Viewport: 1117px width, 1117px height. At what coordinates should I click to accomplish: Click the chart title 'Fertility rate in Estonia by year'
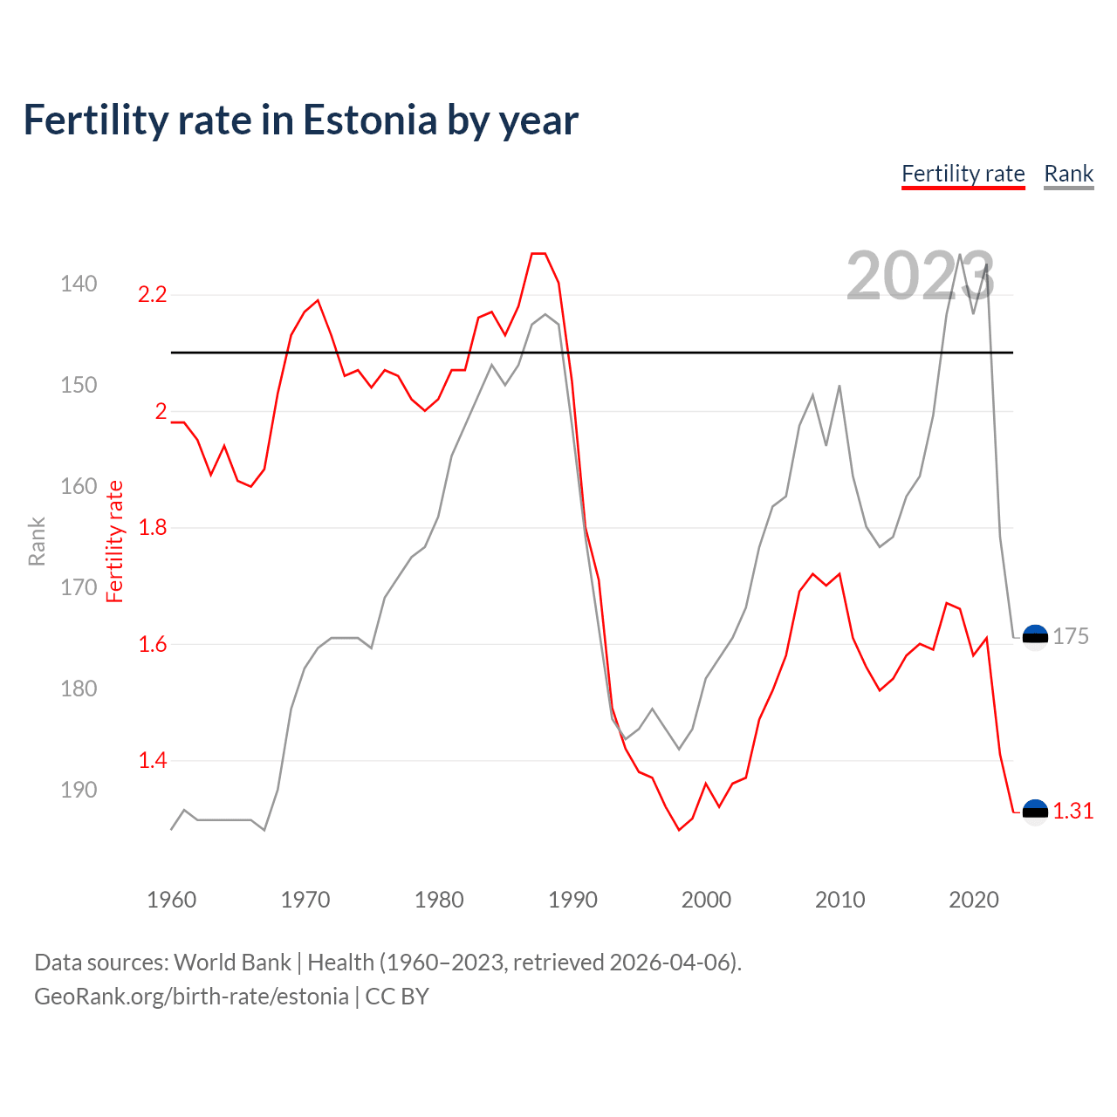pos(300,120)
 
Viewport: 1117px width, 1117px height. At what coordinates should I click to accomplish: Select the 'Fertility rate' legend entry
pos(963,174)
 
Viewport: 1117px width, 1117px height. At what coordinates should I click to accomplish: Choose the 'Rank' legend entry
pos(1068,174)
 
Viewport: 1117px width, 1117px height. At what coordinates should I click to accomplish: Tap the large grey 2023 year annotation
pos(920,276)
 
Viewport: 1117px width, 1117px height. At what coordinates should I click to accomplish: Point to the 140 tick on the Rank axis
pos(79,284)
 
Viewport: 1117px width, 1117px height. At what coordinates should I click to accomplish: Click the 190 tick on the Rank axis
pos(79,790)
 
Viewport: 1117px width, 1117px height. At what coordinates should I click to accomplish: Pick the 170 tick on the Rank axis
pos(79,587)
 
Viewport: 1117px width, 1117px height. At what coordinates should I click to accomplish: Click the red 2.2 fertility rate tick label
pos(152,295)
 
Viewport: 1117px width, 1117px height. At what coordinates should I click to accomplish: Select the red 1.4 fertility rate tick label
pos(152,761)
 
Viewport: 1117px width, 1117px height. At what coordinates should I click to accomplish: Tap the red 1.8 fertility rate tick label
pos(152,528)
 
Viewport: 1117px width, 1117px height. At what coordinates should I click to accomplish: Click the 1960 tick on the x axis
pos(171,900)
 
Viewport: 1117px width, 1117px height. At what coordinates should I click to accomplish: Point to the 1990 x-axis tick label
pos(572,900)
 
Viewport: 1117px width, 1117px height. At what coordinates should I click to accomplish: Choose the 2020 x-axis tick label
pos(973,900)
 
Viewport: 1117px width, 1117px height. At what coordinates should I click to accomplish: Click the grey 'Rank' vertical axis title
pos(37,541)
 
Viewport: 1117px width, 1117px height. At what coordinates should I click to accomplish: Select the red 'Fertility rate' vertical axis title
pos(115,541)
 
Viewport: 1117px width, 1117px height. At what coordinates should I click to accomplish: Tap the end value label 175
pos(1070,636)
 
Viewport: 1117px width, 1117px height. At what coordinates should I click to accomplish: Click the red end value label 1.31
pos(1072,811)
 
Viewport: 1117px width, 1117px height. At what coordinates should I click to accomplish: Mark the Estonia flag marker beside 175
pos(1035,638)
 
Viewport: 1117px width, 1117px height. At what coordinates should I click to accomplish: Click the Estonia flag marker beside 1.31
pos(1035,812)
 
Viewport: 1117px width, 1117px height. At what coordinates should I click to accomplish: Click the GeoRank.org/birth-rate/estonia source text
pos(191,997)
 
